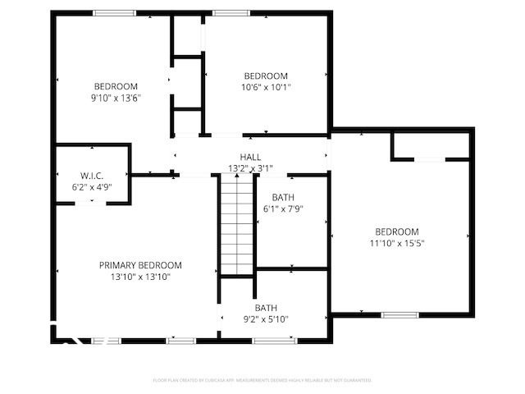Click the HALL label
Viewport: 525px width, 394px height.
(250, 157)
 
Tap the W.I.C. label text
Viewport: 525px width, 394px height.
(92, 176)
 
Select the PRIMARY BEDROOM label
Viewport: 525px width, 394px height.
(140, 265)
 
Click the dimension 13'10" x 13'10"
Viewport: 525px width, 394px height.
(140, 277)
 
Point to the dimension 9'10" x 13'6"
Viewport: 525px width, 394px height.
(116, 98)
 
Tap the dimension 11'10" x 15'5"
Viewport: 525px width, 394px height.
(397, 243)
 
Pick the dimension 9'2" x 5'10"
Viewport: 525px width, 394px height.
(266, 319)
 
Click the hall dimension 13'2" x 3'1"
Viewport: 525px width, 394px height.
(250, 168)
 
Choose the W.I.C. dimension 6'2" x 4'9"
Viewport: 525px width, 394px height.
(92, 188)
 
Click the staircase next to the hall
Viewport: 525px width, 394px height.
(236, 227)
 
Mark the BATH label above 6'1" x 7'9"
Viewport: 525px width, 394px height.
(283, 197)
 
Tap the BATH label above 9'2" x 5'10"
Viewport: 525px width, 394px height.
(266, 308)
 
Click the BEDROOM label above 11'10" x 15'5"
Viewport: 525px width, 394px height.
(397, 231)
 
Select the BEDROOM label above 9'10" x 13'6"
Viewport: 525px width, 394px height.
(116, 86)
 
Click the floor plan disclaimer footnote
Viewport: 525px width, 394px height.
(262, 380)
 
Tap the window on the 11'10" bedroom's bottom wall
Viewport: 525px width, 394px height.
(399, 314)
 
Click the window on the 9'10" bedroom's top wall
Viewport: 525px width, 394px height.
(114, 12)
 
